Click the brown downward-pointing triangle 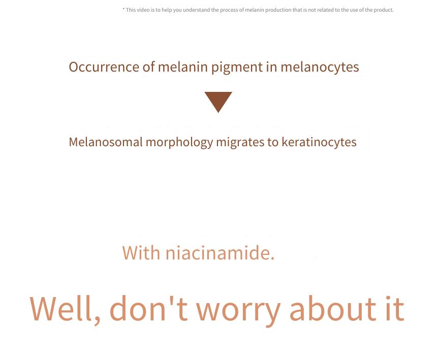(x=218, y=100)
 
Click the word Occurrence (x=104, y=67)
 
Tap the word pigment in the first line (x=237, y=68)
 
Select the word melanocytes (x=320, y=68)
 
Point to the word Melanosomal (x=106, y=142)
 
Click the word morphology (x=179, y=143)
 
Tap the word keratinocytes (x=319, y=143)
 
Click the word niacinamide (x=220, y=253)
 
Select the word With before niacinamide (x=141, y=253)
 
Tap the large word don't (x=148, y=308)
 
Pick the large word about (x=333, y=308)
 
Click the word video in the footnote (x=143, y=10)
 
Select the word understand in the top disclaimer (x=197, y=10)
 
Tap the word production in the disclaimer (x=278, y=10)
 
